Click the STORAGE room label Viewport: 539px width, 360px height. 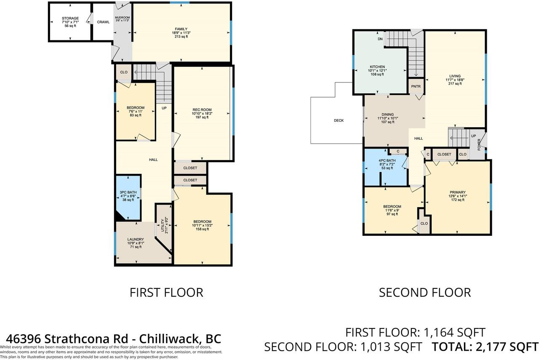(x=70, y=19)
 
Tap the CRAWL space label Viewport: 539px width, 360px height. (x=103, y=22)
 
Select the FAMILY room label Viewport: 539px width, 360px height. (x=181, y=29)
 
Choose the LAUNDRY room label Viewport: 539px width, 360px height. (x=136, y=239)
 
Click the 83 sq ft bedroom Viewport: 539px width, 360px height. (x=136, y=108)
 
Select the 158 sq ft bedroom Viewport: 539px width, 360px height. (x=202, y=222)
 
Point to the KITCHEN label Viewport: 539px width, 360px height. (x=378, y=67)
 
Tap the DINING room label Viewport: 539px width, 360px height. (x=387, y=115)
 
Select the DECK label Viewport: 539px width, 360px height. (x=339, y=121)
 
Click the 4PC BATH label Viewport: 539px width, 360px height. (x=387, y=160)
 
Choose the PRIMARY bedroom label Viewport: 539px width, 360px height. (x=457, y=192)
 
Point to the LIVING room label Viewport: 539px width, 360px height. (x=455, y=76)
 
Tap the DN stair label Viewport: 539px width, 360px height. (x=380, y=39)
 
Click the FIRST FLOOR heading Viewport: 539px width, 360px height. (x=166, y=292)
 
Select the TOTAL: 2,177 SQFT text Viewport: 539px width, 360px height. (x=485, y=347)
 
